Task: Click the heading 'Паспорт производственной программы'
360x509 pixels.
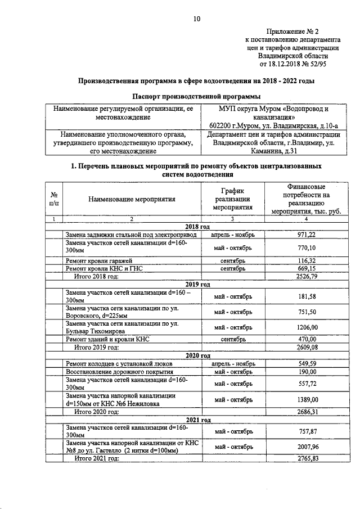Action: pyautogui.click(x=196, y=96)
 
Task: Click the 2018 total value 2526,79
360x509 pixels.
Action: pyautogui.click(x=307, y=277)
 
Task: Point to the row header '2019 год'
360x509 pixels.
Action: pyautogui.click(x=197, y=285)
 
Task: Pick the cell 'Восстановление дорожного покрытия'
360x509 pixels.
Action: pyautogui.click(x=119, y=372)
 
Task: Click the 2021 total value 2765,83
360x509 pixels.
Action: pyautogui.click(x=307, y=459)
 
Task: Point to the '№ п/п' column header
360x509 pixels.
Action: pyautogui.click(x=54, y=199)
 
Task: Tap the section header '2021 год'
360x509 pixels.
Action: pyautogui.click(x=197, y=420)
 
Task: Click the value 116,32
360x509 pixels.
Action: pyautogui.click(x=307, y=262)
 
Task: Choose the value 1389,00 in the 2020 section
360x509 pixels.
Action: pyautogui.click(x=307, y=399)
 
